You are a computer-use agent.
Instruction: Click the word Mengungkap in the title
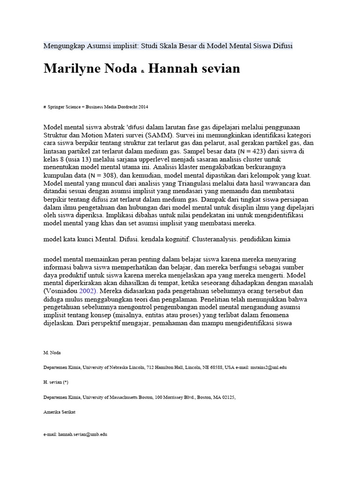point(63,45)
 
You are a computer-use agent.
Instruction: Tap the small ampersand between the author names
point(142,71)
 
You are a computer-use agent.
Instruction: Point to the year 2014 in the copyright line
point(142,107)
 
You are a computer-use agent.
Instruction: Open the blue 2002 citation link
point(88,291)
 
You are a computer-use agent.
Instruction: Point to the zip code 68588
point(216,367)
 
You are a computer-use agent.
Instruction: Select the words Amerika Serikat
point(59,412)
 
